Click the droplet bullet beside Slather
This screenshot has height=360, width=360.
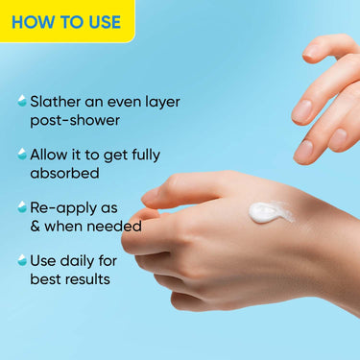pos(21,100)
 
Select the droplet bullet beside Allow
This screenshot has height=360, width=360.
pos(21,154)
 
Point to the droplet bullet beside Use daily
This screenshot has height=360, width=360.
pos(21,260)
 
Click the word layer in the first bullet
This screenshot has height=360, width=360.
pos(158,102)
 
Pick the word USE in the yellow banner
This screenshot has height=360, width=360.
pos(101,21)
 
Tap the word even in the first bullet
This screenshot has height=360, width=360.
pos(118,101)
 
